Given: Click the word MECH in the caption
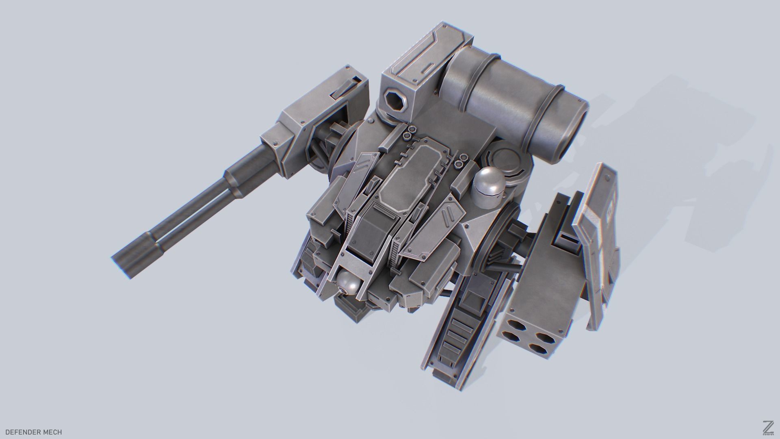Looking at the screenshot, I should pyautogui.click(x=54, y=432).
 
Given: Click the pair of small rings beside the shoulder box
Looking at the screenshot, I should pyautogui.click(x=407, y=131).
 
